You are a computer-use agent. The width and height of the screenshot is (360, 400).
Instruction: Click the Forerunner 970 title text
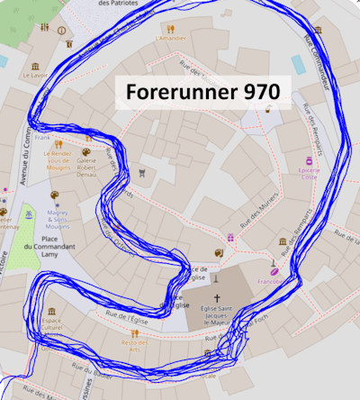coord(202,92)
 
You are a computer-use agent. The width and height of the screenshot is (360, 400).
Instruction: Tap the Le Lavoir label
coord(37,77)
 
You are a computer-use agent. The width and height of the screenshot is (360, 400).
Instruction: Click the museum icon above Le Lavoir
coord(37,66)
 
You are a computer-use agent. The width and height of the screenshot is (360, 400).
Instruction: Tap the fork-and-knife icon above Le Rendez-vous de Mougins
coord(58,144)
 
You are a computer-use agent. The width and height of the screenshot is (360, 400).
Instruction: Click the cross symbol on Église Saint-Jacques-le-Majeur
coord(216,298)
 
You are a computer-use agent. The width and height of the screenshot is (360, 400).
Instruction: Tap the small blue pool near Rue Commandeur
coord(298,64)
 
